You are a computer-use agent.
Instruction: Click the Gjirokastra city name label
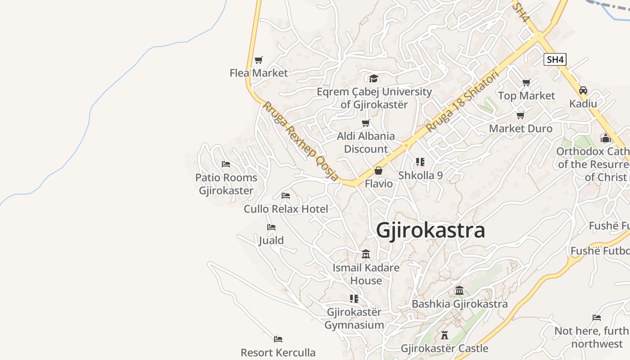point(430,230)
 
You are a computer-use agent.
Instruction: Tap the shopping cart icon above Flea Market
point(258,60)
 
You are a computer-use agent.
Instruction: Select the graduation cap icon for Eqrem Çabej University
point(373,79)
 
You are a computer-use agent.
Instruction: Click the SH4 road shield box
point(554,59)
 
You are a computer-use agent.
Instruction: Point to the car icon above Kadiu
point(583,90)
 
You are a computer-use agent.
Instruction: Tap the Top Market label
point(526,96)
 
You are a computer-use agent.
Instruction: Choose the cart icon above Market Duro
point(521,116)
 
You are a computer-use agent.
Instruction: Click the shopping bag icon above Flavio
point(378,171)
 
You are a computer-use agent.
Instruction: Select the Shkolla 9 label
point(420,175)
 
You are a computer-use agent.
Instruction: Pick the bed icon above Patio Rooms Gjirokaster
point(226,164)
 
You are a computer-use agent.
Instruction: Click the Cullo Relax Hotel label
point(286,209)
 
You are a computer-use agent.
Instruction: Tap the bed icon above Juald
point(271,227)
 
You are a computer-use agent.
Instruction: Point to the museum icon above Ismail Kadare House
point(365,254)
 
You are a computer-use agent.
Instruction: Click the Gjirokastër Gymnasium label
point(354,318)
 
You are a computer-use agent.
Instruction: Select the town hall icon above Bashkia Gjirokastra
point(459,291)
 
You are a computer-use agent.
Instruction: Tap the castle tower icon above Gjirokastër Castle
point(445,335)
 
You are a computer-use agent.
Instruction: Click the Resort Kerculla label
point(278,352)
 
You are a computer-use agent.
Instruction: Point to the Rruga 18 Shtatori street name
point(462,101)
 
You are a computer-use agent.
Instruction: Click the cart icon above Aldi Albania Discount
point(365,123)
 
